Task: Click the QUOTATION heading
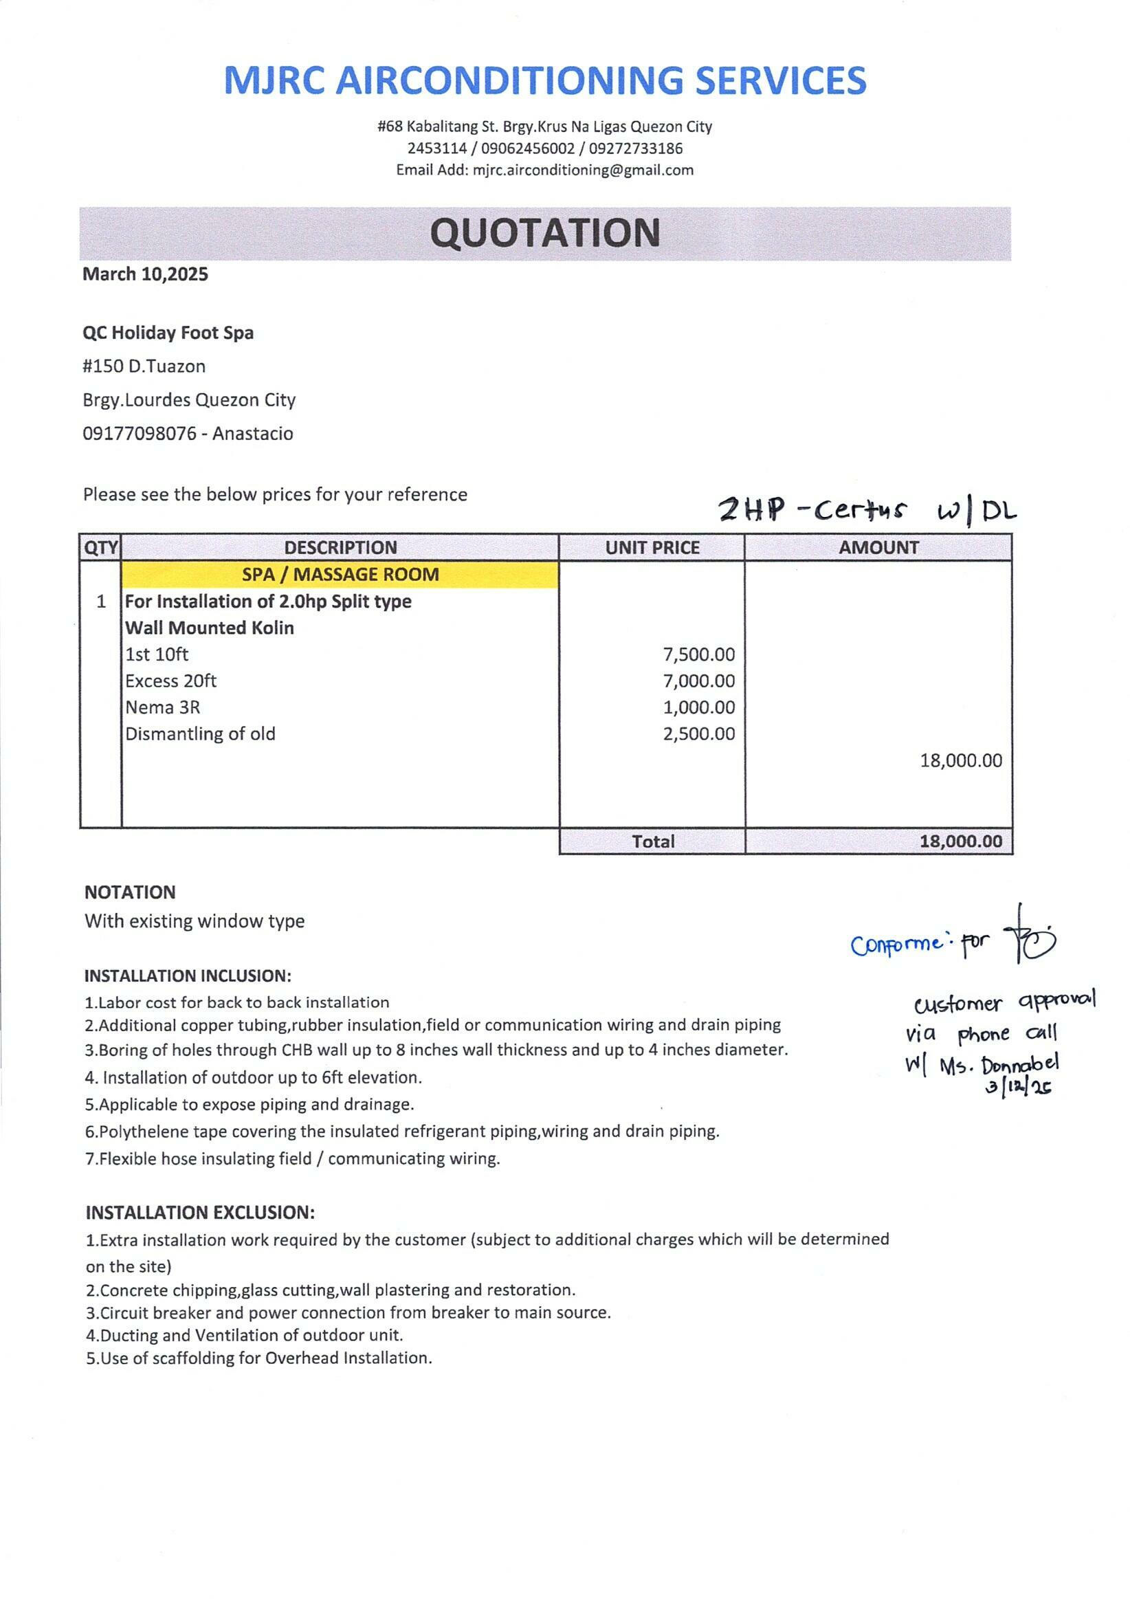point(544,233)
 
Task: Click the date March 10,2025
point(145,274)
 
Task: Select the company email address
point(583,170)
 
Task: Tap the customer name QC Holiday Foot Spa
point(168,333)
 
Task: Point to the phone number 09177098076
point(140,434)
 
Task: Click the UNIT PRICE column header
point(652,547)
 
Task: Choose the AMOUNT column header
point(878,547)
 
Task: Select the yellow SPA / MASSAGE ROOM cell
point(340,575)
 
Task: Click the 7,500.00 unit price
point(698,654)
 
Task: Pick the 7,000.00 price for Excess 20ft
point(698,681)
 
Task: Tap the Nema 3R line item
point(163,707)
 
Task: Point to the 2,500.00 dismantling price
point(698,734)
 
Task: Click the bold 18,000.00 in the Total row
point(961,841)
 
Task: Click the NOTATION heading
point(130,892)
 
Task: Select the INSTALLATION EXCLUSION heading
point(201,1213)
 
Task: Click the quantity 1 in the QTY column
point(101,602)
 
